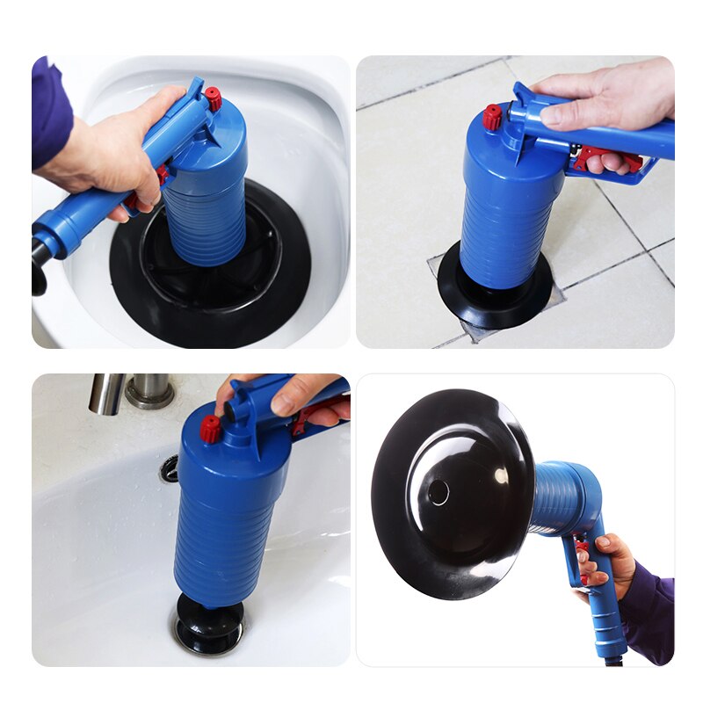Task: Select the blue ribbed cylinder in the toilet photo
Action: pos(207,202)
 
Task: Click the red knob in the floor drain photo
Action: pos(492,116)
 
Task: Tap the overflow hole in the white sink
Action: pos(169,468)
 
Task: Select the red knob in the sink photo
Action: pos(210,429)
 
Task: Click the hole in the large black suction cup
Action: pos(438,493)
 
